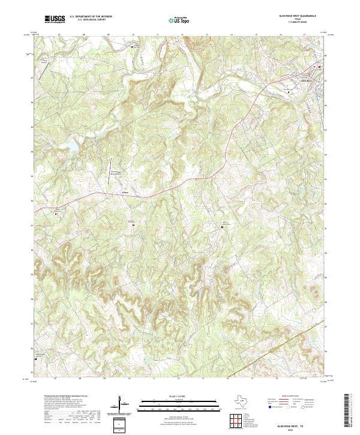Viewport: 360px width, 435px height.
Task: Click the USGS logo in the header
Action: click(55, 19)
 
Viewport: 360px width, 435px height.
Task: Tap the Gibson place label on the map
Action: click(125, 193)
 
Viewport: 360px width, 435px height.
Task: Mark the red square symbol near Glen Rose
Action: click(319, 66)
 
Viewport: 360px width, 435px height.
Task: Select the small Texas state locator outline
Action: click(238, 401)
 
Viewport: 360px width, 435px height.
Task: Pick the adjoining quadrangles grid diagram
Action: click(236, 419)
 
